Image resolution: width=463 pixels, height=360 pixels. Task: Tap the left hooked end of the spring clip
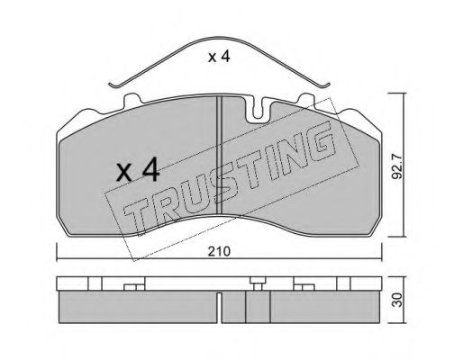(112, 85)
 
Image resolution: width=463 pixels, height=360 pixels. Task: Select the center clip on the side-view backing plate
(258, 285)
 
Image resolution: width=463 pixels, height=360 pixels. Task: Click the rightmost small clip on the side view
(343, 284)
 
